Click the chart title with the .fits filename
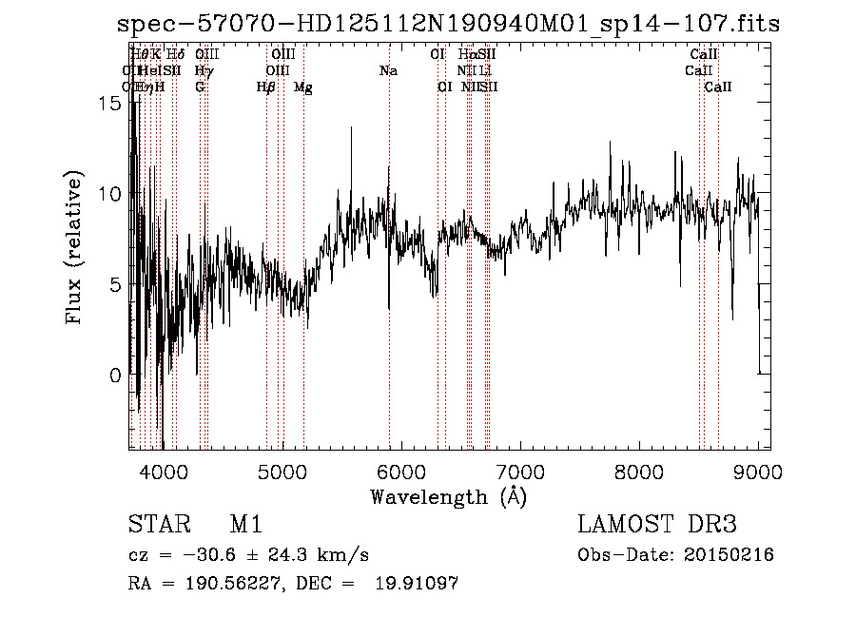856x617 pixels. tap(448, 25)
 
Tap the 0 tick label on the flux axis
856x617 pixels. tap(114, 376)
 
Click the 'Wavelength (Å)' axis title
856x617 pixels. tap(448, 496)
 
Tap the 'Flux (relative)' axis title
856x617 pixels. tap(74, 249)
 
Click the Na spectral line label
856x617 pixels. tap(388, 71)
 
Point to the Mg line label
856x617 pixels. tap(302, 87)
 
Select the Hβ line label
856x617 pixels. tap(266, 87)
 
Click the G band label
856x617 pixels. tap(200, 87)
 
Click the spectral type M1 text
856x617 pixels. tap(245, 525)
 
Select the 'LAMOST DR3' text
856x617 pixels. tap(657, 525)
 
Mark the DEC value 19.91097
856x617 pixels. tap(416, 584)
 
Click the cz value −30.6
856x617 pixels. tap(194, 555)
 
